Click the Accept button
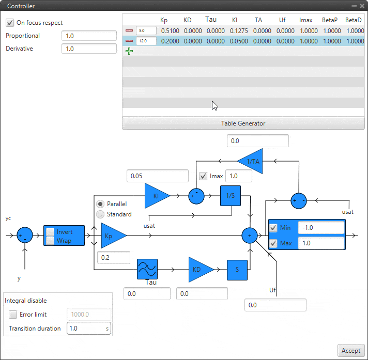tap(351, 350)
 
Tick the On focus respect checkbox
tap(10, 23)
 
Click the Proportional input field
tap(89, 36)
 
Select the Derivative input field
tap(89, 49)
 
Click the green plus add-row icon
tap(129, 51)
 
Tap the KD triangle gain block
tap(199, 269)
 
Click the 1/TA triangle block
tap(252, 162)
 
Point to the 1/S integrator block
tap(231, 196)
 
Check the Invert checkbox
tap(50, 232)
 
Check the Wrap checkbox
tap(50, 240)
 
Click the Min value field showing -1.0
tap(320, 228)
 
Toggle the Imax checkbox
tap(203, 176)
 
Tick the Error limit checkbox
tap(13, 314)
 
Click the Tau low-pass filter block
tap(147, 269)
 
